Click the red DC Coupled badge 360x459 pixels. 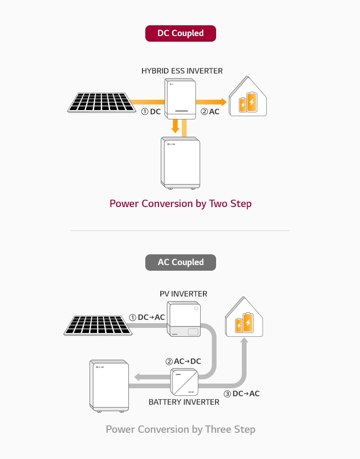click(180, 33)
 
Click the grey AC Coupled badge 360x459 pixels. click(180, 262)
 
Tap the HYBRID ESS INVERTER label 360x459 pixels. click(182, 71)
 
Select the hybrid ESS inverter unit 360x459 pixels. click(180, 98)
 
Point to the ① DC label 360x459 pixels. click(151, 112)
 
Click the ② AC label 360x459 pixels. click(210, 112)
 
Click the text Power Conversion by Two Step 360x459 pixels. click(180, 204)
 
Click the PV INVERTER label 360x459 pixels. click(183, 294)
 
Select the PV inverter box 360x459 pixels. click(185, 320)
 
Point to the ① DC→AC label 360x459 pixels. click(147, 317)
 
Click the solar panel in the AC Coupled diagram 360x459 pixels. click(97, 325)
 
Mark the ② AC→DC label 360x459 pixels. click(183, 362)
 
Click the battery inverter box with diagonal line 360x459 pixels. click(183, 382)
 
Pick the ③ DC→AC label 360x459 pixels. click(241, 393)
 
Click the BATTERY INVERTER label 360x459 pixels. click(184, 402)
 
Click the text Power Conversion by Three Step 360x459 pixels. click(180, 429)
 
